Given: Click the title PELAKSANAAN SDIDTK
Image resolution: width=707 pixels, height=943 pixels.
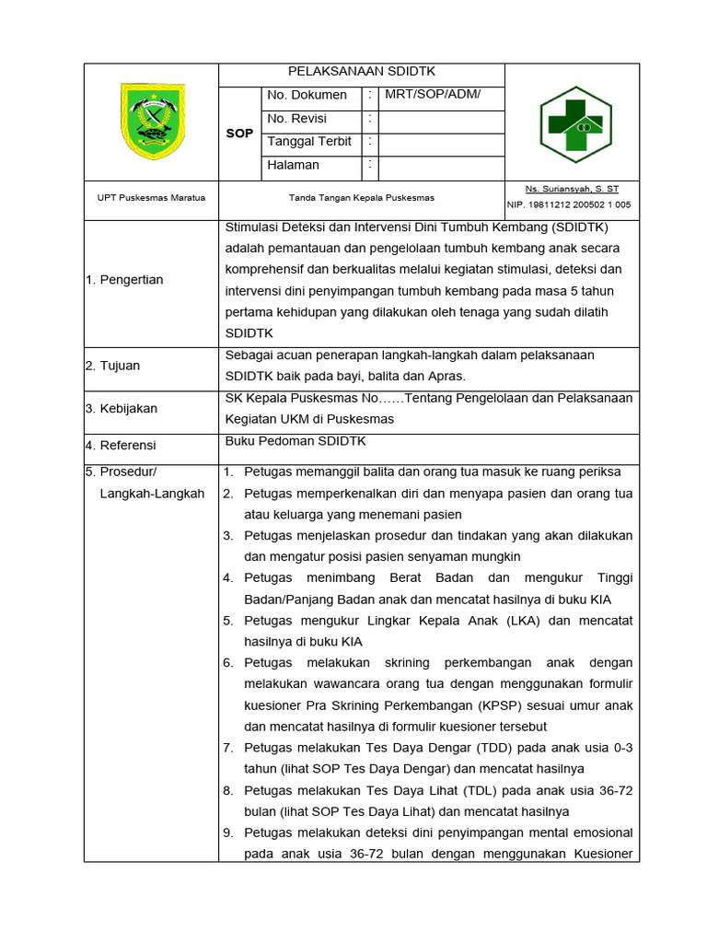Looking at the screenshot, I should pos(362,72).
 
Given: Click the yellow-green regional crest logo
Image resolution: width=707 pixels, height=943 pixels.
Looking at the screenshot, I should pos(152,121).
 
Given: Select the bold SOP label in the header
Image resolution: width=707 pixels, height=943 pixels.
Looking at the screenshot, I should pos(239,134).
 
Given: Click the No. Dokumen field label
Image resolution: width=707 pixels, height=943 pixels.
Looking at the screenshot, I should pos(307,95).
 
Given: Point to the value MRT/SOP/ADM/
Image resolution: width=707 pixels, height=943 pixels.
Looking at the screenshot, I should pos(433,95).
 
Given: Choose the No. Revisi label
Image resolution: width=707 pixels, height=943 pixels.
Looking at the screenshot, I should pos(296,119).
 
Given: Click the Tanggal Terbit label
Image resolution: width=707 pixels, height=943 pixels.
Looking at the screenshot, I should pos(309,142).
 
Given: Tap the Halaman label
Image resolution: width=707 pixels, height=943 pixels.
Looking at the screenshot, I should pos(293,166).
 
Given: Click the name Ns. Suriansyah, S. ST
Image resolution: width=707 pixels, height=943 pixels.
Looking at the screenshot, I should pos(572,188).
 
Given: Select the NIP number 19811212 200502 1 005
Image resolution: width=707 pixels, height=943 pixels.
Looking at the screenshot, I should pos(569,204).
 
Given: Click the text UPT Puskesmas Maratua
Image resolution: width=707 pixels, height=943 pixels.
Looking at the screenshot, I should pos(151,198).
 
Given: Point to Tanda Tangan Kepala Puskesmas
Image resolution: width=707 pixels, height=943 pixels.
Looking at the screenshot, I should pos(362,198).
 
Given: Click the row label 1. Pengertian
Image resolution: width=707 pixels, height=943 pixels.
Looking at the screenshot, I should pos(124,280).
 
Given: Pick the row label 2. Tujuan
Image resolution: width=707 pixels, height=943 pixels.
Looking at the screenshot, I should pos(113,366).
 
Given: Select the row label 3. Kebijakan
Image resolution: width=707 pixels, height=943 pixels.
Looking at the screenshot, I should pos(122,408).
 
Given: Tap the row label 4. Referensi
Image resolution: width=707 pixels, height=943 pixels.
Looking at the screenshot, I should pos(121,446).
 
